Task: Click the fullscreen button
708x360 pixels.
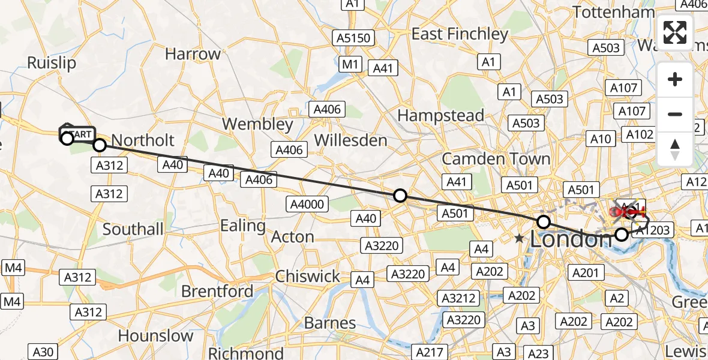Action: tap(675, 32)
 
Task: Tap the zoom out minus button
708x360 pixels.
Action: tap(675, 114)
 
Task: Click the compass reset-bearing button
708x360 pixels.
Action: tap(675, 148)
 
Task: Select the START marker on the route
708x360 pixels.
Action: tap(77, 133)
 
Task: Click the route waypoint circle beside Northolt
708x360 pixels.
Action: tap(100, 145)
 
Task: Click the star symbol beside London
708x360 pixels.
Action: tap(520, 239)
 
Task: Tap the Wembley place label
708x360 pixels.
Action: tap(257, 124)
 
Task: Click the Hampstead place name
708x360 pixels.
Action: tap(440, 115)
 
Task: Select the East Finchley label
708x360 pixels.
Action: tap(460, 34)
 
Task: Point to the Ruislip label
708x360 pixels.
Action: tap(52, 63)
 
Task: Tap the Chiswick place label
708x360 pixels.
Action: tap(308, 276)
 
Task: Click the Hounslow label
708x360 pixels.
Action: tap(156, 335)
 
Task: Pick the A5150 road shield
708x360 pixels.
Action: tap(355, 38)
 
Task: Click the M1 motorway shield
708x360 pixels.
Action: tap(350, 64)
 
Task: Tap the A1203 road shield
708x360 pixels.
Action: tap(655, 230)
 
